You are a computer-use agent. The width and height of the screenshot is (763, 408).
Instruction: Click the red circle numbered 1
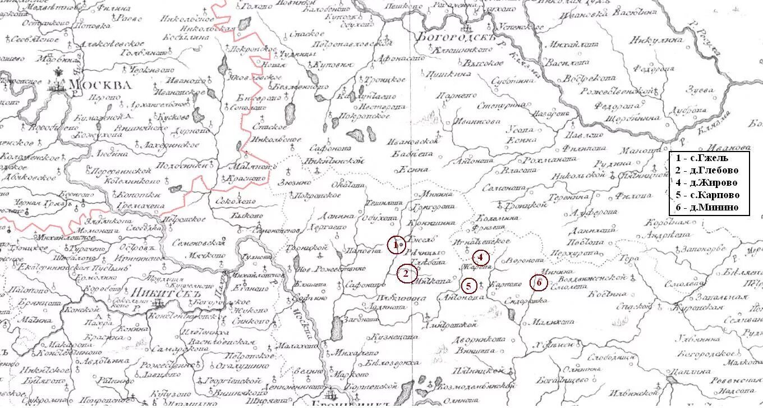(x=396, y=245)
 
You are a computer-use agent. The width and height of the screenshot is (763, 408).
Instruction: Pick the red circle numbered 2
(x=407, y=273)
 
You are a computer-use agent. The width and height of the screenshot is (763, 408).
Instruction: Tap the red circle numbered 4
(x=480, y=258)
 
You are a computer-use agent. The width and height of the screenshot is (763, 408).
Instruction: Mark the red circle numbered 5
(x=469, y=286)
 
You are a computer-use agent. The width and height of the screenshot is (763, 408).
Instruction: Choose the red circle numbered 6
(x=539, y=283)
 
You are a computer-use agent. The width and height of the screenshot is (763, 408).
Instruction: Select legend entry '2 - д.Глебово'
(x=707, y=170)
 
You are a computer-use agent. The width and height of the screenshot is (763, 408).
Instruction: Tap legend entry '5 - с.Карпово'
(x=707, y=195)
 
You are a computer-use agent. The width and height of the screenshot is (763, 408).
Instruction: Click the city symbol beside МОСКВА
(x=57, y=85)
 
